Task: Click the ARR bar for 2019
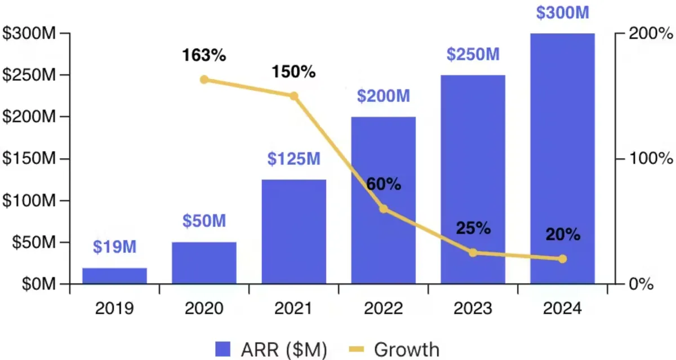tap(114, 275)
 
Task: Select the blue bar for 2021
tap(293, 231)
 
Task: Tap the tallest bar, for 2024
tap(562, 158)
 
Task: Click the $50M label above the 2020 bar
tap(204, 221)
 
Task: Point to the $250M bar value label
tap(473, 54)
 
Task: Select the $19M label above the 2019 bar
tap(115, 246)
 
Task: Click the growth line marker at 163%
tap(204, 79)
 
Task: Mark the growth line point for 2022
tap(384, 209)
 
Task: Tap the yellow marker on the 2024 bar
tap(562, 259)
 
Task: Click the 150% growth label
tap(293, 72)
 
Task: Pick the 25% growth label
tap(473, 228)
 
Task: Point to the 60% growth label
tap(384, 184)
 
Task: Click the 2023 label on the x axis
tap(473, 309)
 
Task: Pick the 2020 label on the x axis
tap(204, 309)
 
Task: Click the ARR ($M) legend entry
tap(271, 350)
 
